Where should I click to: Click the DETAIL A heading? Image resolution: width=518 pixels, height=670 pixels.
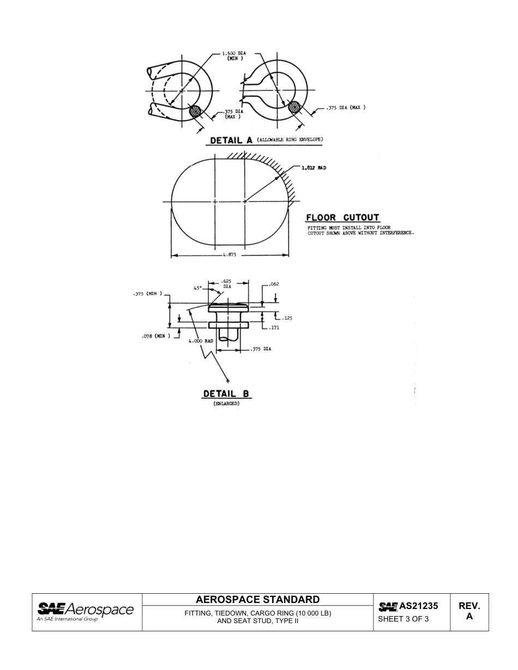point(232,141)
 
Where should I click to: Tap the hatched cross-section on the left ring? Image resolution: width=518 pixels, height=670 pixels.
point(195,112)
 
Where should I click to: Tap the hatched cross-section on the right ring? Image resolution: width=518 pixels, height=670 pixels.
point(294,107)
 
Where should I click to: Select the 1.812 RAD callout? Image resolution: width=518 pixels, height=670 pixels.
point(314,168)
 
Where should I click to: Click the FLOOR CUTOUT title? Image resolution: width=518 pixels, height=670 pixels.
point(342,218)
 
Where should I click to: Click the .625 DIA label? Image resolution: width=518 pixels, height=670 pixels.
point(227,283)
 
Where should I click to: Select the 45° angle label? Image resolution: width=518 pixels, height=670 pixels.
point(198,288)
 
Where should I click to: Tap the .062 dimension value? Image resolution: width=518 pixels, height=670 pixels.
point(274,284)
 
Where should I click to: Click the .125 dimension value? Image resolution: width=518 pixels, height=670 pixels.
point(287,318)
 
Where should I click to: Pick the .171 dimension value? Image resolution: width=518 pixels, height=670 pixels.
point(274,327)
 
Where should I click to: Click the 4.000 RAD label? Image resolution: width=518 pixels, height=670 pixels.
point(200,341)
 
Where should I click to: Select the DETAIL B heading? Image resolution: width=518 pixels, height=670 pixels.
point(226,394)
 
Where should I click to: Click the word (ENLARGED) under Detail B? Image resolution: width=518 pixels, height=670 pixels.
point(226,404)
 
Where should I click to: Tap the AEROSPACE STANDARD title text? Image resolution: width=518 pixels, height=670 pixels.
point(258,600)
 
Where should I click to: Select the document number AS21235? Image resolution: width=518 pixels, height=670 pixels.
point(418,606)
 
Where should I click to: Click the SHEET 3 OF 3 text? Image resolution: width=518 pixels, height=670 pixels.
point(403,619)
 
